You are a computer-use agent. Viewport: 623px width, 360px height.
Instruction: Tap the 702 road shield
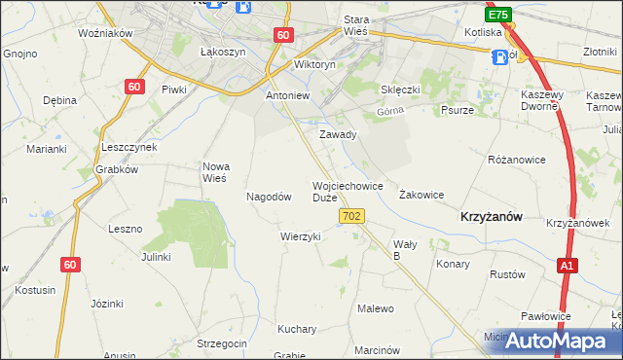353,215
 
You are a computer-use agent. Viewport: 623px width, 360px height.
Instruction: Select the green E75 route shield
498,16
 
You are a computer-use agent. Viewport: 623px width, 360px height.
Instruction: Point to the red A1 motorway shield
568,265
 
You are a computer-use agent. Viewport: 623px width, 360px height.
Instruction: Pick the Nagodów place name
270,197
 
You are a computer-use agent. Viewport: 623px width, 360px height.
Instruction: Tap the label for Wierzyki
300,236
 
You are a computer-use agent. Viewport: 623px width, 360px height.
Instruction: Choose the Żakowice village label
421,195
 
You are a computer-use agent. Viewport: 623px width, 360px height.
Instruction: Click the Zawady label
339,135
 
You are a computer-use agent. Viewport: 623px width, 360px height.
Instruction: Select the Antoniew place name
287,97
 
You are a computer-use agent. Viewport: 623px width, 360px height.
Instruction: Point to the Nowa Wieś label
214,172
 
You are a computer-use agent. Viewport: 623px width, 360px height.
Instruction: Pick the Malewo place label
376,309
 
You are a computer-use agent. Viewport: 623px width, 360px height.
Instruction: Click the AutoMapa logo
556,341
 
